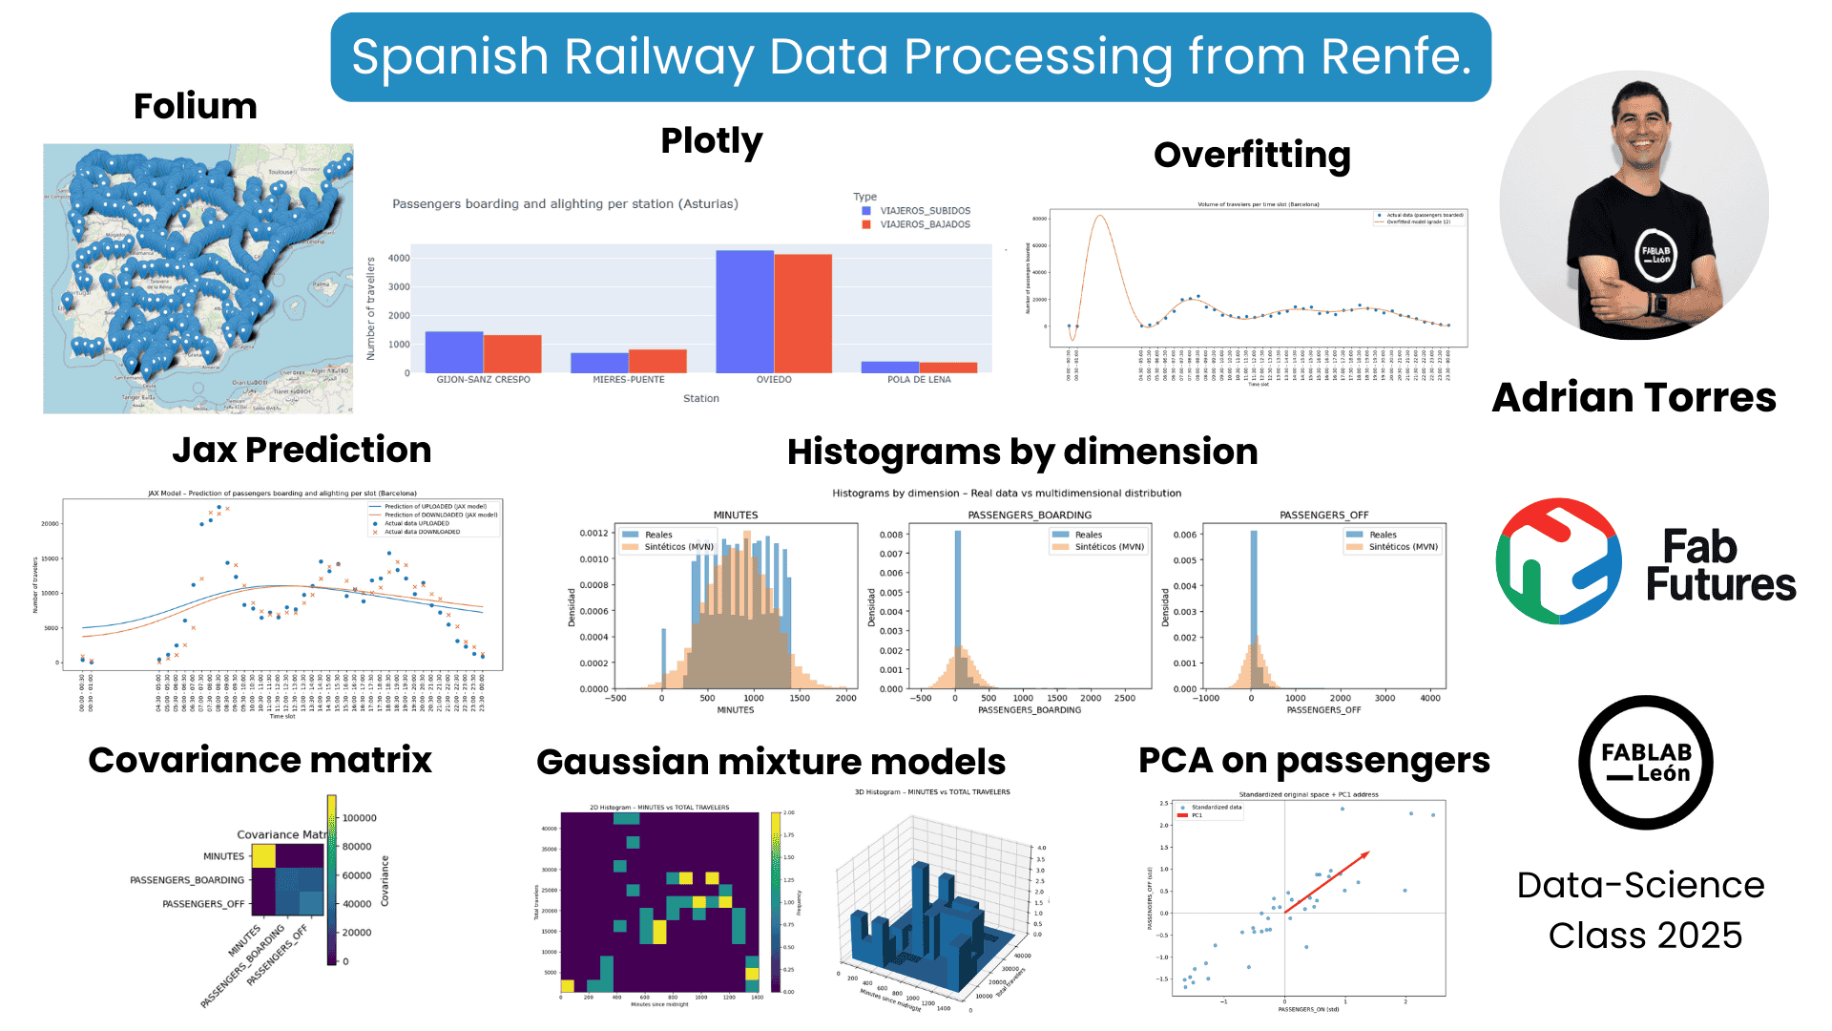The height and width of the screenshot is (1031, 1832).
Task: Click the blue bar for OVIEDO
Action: click(744, 311)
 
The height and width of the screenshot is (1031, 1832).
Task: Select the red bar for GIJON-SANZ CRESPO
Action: click(512, 353)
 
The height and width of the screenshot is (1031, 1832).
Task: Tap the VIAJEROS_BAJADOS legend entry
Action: click(924, 224)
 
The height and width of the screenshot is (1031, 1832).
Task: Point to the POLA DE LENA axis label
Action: click(919, 380)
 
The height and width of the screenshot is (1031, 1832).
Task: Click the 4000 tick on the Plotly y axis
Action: click(399, 259)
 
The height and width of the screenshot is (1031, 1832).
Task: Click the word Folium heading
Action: click(196, 106)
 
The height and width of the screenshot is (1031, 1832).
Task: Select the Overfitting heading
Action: click(1252, 155)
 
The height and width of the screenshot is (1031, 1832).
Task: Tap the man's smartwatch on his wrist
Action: click(1657, 305)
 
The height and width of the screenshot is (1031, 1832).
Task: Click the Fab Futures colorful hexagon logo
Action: click(1558, 561)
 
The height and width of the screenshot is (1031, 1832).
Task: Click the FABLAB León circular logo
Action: click(1645, 763)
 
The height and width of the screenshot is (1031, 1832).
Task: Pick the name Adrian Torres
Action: click(1634, 397)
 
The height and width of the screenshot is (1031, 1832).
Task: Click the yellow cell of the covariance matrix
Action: click(263, 856)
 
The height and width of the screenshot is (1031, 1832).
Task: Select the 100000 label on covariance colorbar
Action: click(359, 818)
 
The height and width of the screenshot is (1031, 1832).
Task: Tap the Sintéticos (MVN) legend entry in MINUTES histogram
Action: click(677, 547)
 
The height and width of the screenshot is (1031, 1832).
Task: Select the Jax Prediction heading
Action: click(302, 450)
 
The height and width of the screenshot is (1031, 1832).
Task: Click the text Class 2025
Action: click(1645, 936)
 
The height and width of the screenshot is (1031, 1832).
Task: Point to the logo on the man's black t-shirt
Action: click(1655, 255)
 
